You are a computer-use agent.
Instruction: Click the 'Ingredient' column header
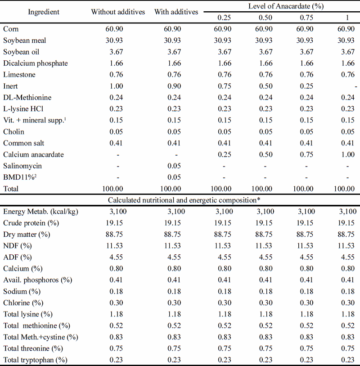[44, 12]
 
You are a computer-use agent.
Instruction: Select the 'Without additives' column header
[118, 12]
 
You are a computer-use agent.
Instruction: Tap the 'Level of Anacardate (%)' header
[286, 6]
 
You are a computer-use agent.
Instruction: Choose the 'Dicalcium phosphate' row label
[36, 63]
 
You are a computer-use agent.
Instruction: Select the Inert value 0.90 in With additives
[171, 86]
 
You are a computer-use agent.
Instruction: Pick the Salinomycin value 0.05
[171, 166]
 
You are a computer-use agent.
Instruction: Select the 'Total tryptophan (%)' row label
[35, 360]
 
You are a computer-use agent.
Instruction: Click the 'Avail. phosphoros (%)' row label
[38, 280]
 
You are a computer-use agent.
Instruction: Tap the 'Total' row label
[11, 189]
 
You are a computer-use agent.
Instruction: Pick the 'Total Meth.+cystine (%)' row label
[40, 337]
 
